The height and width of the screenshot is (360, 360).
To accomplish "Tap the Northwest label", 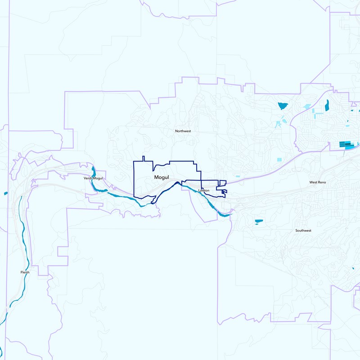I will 183,131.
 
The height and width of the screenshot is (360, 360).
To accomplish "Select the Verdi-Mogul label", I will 93,179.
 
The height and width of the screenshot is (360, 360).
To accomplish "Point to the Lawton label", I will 204,191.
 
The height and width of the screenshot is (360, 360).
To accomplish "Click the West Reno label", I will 317,182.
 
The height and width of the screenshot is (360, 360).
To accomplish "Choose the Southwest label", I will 303,230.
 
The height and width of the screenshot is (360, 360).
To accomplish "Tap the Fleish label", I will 25,272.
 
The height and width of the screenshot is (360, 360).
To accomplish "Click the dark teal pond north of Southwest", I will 259,221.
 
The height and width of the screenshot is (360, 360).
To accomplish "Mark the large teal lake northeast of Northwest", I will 283,106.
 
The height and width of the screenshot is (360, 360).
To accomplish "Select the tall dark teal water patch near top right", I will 327,105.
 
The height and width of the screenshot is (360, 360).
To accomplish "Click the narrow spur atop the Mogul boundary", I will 143,158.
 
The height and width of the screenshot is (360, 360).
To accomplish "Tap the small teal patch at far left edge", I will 5,193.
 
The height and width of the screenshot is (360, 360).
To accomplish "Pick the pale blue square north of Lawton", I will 280,159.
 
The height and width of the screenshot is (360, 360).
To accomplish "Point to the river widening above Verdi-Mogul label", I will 93,171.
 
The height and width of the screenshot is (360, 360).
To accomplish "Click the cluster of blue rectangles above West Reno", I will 347,144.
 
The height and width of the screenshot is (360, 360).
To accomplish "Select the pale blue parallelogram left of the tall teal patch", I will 307,107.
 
